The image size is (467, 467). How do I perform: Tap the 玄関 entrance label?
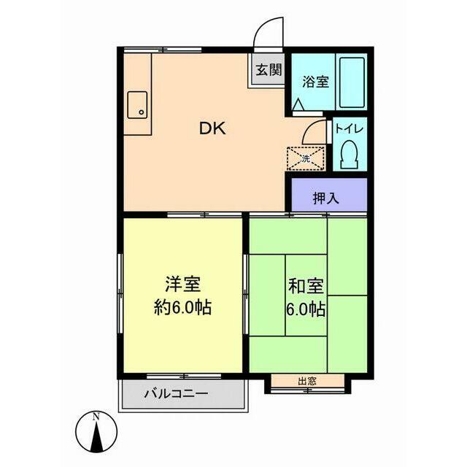click(x=268, y=70)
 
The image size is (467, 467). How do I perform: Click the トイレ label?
click(x=349, y=130)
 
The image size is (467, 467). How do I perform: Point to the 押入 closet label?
click(x=325, y=197)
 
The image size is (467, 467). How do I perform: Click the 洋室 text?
click(x=182, y=283)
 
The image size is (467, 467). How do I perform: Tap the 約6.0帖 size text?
click(x=182, y=307)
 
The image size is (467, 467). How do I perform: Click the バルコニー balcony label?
click(x=175, y=393)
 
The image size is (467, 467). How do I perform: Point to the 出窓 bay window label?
click(x=306, y=381)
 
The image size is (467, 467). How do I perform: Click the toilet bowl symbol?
click(x=349, y=155)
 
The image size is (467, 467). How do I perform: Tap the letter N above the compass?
click(x=96, y=417)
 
